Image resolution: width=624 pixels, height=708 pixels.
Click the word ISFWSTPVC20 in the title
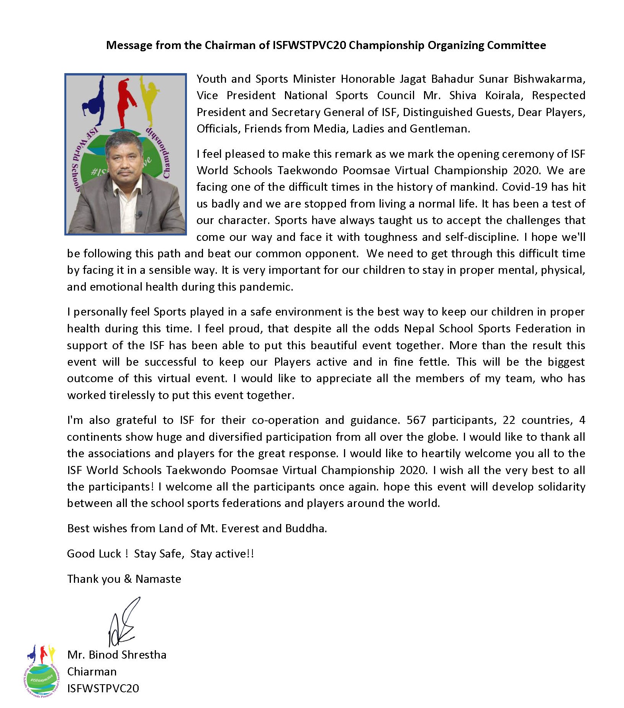click(309, 45)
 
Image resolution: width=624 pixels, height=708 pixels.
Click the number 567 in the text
click(416, 420)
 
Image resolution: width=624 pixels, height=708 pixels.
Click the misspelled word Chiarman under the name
click(92, 671)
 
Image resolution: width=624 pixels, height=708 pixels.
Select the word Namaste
click(158, 579)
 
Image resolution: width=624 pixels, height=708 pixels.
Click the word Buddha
click(306, 528)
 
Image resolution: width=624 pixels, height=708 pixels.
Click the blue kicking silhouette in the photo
click(94, 101)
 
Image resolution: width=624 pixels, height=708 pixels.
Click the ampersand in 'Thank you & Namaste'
click(128, 579)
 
